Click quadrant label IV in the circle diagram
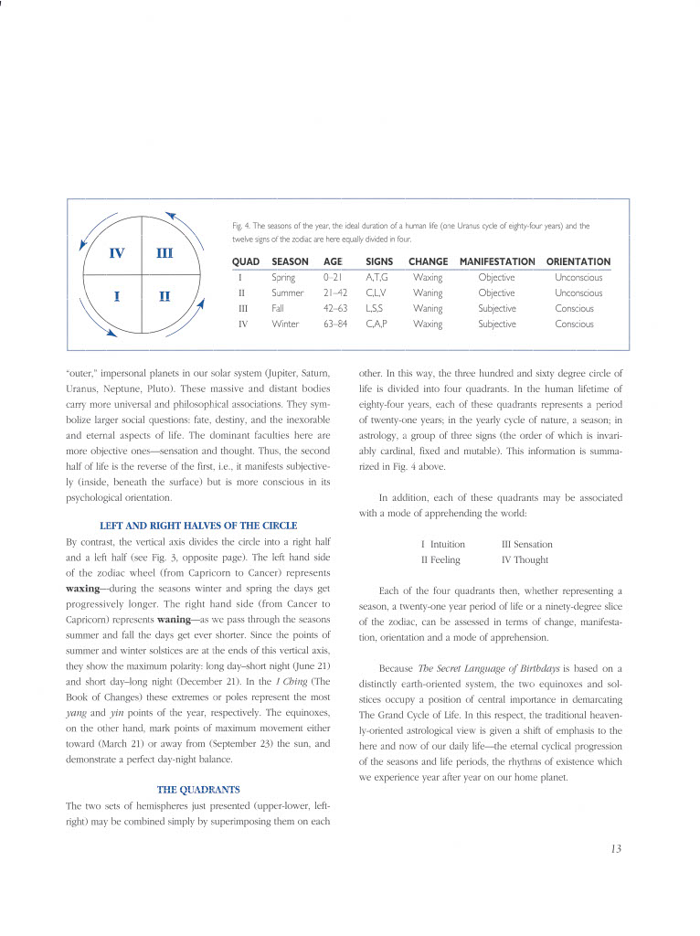[118, 253]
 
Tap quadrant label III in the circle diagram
[164, 253]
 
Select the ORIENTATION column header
[578, 261]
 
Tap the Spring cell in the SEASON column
[283, 277]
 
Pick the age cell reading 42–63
[334, 308]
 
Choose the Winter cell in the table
[285, 324]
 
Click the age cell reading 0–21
[332, 277]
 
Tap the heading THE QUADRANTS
[198, 788]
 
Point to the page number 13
[616, 849]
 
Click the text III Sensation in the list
[526, 544]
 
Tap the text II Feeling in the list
[440, 559]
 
